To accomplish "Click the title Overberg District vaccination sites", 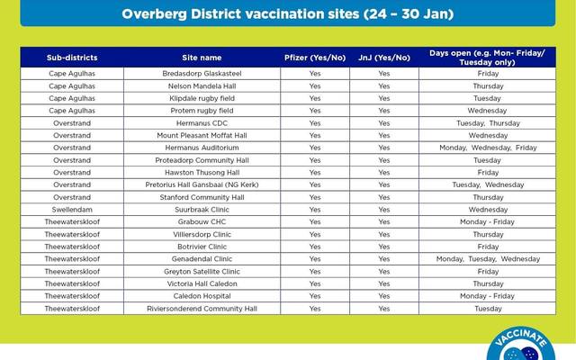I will [287, 15].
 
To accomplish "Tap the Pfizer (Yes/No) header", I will [314, 58].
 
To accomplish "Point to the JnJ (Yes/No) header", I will [384, 58].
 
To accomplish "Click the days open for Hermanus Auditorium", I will [488, 148].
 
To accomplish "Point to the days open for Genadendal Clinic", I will [488, 259].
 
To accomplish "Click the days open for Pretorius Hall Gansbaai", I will [488, 184].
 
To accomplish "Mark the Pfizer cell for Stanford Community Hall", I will [314, 197].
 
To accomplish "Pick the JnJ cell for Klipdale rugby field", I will [384, 99].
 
